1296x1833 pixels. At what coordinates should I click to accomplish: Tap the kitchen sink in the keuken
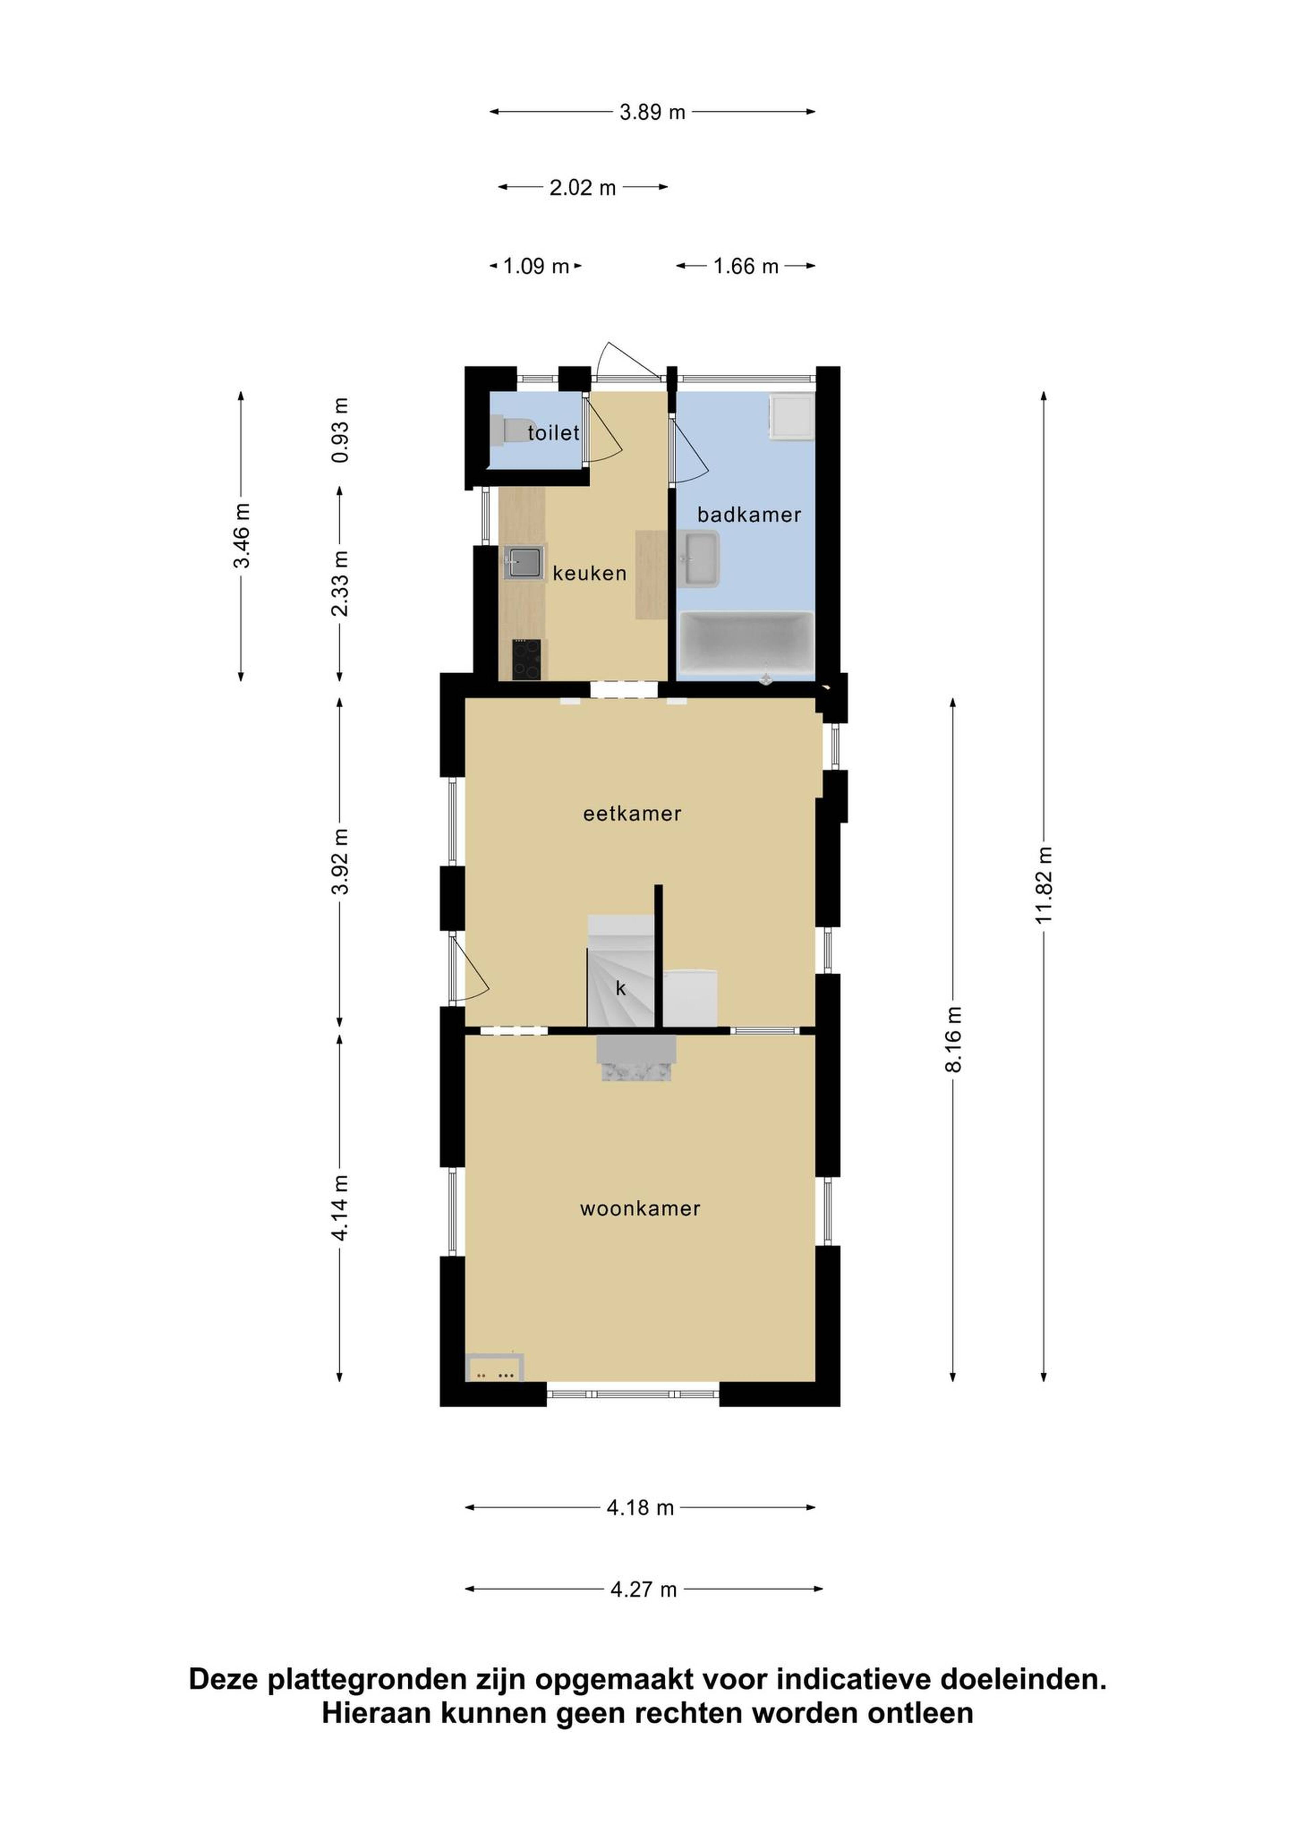click(524, 562)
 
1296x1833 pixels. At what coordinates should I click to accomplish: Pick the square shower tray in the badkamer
click(791, 417)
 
